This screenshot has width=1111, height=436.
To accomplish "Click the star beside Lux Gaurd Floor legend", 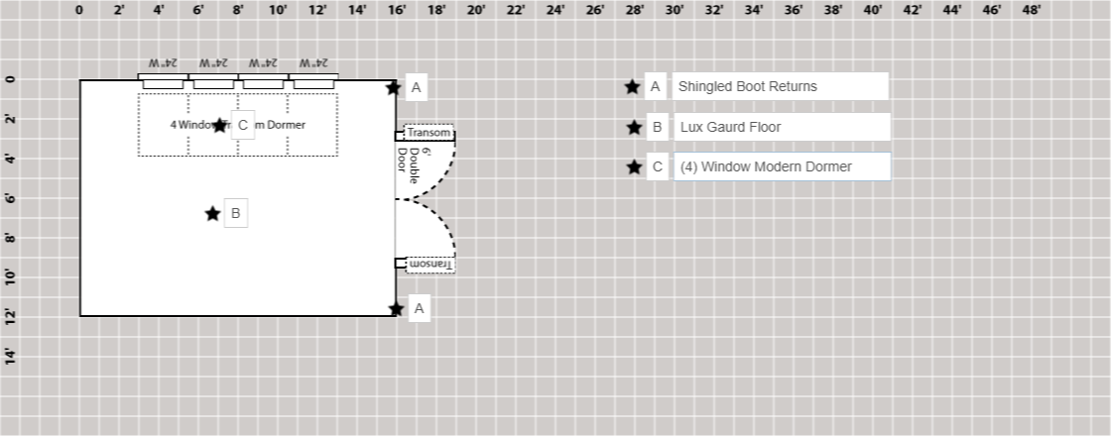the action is pos(634,127).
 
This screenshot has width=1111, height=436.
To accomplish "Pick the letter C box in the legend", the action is pos(657,166).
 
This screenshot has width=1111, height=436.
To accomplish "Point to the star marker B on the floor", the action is pos(212,213).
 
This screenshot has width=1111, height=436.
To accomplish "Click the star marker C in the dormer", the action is pos(219,125).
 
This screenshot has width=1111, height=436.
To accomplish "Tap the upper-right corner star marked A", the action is pos(394,87).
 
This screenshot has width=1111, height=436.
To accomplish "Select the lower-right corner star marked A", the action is pos(396,309).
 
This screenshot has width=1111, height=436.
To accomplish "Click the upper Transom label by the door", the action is pos(430,133).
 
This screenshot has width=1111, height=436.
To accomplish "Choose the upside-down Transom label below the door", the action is pos(430,265).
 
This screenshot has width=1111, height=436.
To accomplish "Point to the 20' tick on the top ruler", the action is pos(476,11).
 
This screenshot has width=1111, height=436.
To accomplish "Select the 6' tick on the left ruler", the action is pos(11,198).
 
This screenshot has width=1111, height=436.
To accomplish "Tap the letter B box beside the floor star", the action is pos(236,213).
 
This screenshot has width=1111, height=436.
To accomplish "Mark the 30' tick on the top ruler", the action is pos(675,11).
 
